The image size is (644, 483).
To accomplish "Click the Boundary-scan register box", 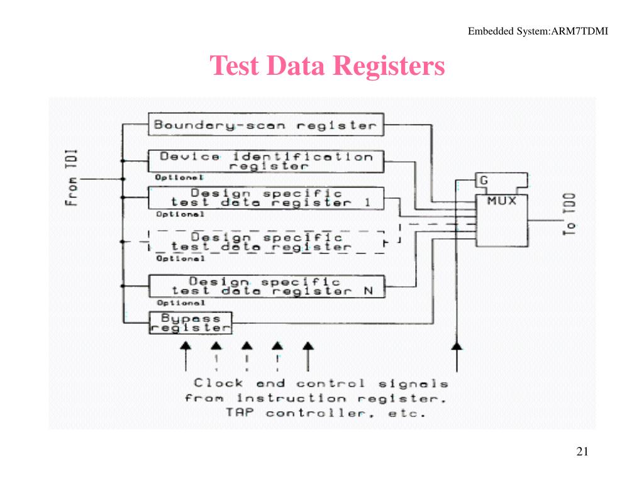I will (266, 125).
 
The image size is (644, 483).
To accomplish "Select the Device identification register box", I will (266, 161).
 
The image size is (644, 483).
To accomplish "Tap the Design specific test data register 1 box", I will (266, 198).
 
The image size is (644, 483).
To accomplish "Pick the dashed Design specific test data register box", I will (266, 242).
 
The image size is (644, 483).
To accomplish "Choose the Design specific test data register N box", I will (266, 286).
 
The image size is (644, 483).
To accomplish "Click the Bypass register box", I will (191, 323).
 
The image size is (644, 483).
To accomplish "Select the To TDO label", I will (570, 215).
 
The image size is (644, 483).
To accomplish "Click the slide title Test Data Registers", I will (327, 65).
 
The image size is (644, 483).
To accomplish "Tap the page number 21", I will (582, 452).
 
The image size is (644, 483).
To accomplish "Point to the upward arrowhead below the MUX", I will (457, 345).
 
